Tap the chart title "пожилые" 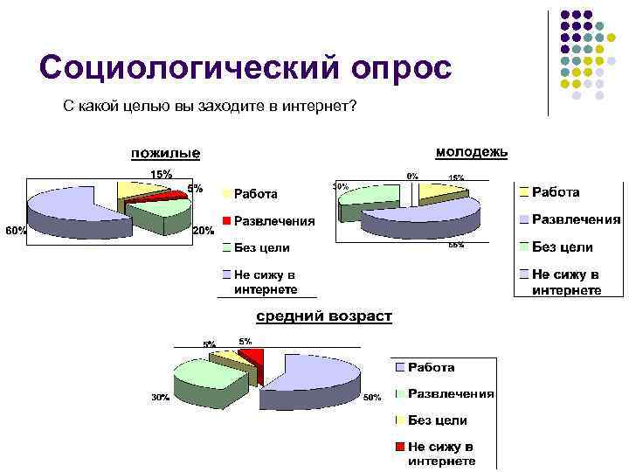coord(165,154)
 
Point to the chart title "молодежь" coord(471,152)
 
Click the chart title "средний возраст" coord(323,316)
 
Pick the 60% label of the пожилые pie coord(16,231)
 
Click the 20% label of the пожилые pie coord(203,231)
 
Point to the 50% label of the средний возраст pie coord(372,398)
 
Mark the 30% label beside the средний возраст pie coord(159,397)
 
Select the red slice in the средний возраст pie coord(252,356)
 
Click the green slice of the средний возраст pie coord(210,378)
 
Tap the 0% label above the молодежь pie coord(411,176)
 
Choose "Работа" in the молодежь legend coord(556,191)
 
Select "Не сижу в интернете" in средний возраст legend coord(441,454)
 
